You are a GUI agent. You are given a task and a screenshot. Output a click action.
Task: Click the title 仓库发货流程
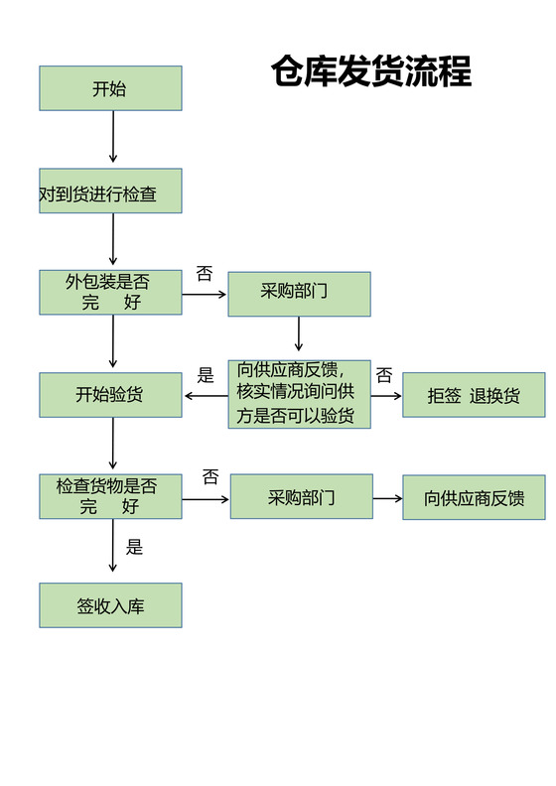[x=370, y=71]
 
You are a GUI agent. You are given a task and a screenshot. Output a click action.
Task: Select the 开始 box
[x=110, y=88]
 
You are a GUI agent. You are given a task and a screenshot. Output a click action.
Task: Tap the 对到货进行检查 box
[x=110, y=192]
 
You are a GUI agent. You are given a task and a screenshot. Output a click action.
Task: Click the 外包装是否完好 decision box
[x=110, y=293]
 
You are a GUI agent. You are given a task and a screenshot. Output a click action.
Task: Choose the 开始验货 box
[x=110, y=394]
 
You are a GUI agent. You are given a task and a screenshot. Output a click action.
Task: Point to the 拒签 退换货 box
[x=474, y=395]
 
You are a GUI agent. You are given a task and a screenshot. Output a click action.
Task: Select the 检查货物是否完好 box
[x=110, y=496]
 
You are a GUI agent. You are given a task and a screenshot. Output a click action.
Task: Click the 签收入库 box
[x=110, y=605]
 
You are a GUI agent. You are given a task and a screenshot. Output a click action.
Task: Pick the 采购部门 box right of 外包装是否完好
[x=299, y=294]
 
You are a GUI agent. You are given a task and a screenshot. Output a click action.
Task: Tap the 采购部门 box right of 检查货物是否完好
[x=302, y=496]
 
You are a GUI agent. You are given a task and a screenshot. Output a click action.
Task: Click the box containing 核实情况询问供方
[x=299, y=394]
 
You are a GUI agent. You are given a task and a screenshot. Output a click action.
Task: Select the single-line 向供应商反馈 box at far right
[x=474, y=497]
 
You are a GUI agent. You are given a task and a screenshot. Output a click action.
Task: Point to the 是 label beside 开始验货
[x=206, y=375]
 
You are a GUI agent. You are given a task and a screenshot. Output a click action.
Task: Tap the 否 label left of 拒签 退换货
[x=384, y=376]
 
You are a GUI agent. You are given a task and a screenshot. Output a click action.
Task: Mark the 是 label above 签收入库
[x=135, y=547]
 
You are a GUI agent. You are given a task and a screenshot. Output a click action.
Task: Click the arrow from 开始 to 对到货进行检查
[x=113, y=137]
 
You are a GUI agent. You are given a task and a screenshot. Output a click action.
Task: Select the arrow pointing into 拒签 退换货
[x=386, y=395]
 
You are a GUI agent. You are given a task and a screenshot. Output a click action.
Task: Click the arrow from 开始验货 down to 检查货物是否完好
[x=113, y=444]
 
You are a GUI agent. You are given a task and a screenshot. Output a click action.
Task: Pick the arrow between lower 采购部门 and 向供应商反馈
[x=387, y=498]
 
